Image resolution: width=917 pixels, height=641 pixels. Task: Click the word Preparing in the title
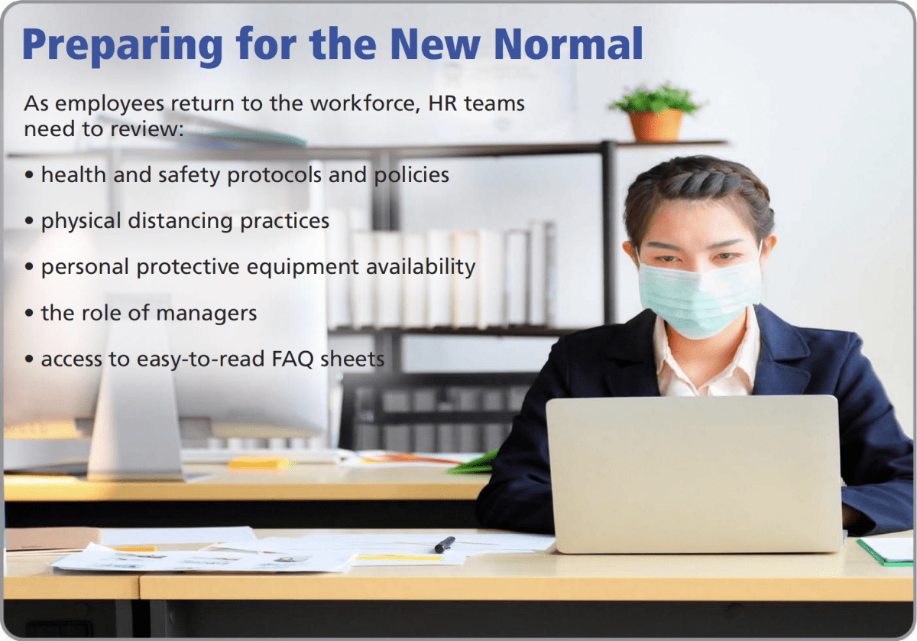click(123, 46)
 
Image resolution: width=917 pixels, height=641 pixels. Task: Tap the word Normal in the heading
click(569, 44)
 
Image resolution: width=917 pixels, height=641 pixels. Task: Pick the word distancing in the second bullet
click(180, 221)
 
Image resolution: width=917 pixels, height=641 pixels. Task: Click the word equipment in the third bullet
click(303, 268)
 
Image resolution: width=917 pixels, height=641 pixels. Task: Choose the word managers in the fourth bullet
click(206, 314)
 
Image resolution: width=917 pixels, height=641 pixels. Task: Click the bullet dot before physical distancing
click(29, 221)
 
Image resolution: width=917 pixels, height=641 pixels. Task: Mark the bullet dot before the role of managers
click(29, 314)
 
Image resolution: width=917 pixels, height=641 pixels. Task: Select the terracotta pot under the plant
click(656, 125)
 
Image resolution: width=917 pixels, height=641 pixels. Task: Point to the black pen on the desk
click(445, 545)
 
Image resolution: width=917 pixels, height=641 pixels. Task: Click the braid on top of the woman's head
click(701, 180)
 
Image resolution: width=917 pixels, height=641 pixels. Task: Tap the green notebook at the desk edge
click(886, 552)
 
